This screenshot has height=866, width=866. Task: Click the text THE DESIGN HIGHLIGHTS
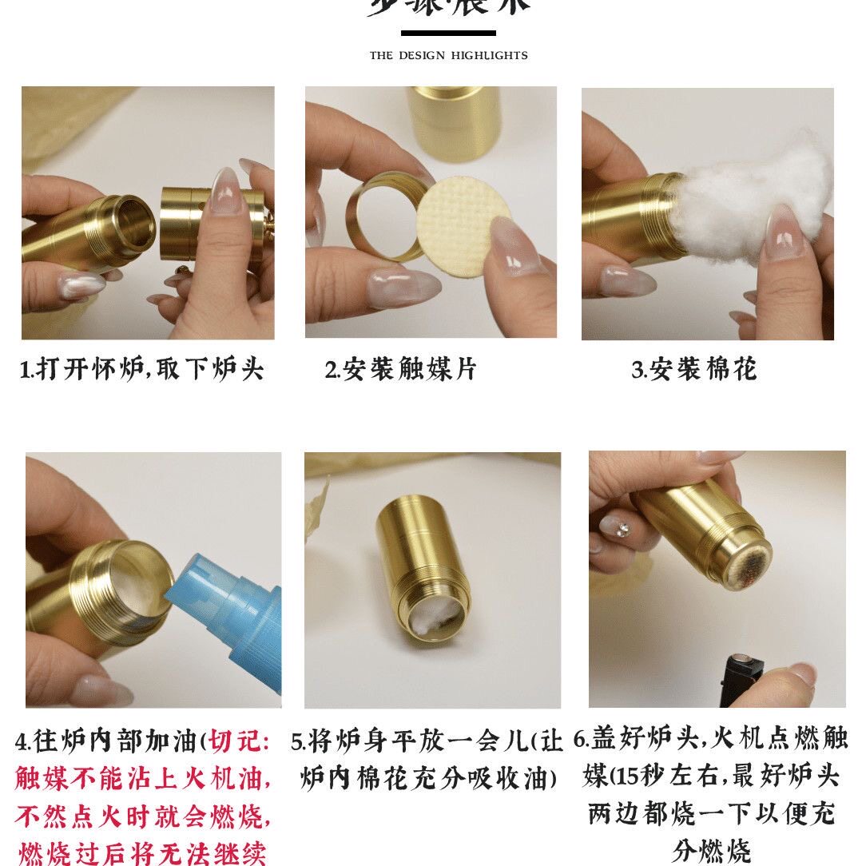pyautogui.click(x=448, y=55)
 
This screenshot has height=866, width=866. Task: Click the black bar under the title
pyautogui.click(x=448, y=33)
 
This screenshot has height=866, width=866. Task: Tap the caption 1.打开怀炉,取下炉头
pyautogui.click(x=141, y=369)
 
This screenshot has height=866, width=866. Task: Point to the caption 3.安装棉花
pyautogui.click(x=693, y=369)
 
